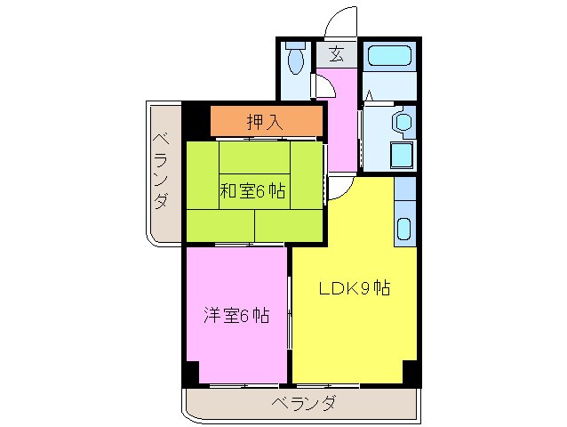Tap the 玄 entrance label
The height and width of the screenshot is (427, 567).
(336, 53)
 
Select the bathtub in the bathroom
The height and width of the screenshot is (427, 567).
(389, 55)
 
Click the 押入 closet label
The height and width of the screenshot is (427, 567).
(265, 122)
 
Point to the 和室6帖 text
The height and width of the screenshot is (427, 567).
(252, 190)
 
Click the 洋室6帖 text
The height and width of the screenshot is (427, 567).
(236, 316)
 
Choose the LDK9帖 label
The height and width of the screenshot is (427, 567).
(354, 288)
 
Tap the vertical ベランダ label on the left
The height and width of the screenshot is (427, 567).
(160, 171)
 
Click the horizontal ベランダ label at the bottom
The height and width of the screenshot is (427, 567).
(304, 403)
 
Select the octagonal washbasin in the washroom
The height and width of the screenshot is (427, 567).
(403, 121)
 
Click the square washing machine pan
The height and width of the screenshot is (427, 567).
(402, 155)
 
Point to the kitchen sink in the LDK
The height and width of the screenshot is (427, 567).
(404, 229)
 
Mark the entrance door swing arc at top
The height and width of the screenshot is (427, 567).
(339, 22)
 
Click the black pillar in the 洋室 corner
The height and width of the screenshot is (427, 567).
(192, 373)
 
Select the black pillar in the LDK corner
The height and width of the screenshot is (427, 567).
(410, 373)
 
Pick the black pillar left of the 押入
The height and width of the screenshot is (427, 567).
(197, 121)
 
